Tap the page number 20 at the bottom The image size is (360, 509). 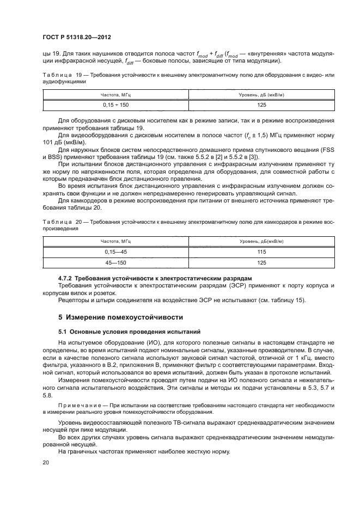(46, 461)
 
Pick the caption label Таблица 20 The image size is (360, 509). (57, 222)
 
